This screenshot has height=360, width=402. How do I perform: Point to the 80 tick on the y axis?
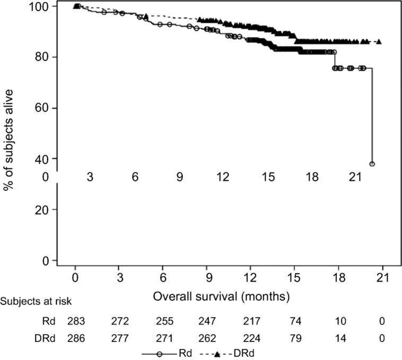coord(45,57)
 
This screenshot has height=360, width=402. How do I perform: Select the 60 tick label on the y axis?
coord(45,108)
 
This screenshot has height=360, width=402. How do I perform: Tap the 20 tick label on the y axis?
coord(45,209)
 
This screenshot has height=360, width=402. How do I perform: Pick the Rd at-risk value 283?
coord(76,321)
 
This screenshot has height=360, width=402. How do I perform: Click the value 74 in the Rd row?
coord(295,321)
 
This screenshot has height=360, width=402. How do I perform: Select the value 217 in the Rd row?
coord(251,321)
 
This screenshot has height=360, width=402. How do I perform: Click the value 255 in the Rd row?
coord(163,321)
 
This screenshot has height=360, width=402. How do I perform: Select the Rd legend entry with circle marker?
coord(159,352)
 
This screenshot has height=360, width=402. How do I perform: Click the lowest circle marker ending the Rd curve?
coord(372,164)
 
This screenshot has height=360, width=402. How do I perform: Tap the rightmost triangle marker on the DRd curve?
coord(379,42)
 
